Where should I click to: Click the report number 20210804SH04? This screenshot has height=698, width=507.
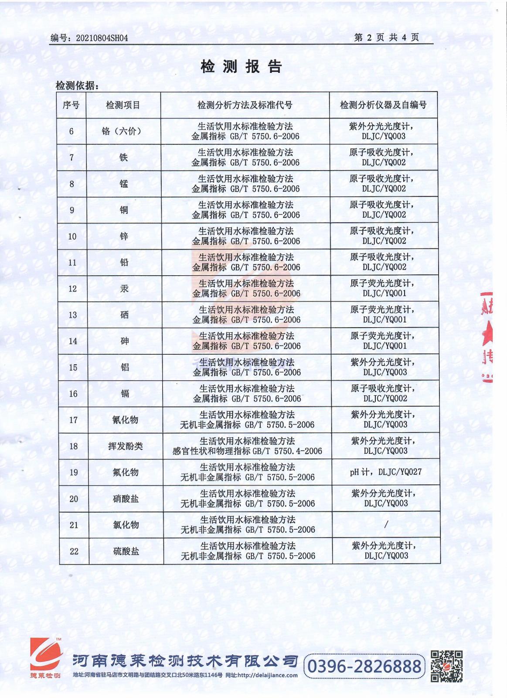click(x=102, y=38)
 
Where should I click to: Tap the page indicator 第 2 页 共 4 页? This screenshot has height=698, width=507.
click(x=386, y=38)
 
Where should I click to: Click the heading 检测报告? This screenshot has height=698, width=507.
click(x=241, y=67)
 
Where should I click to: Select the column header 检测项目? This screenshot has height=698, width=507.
click(x=123, y=105)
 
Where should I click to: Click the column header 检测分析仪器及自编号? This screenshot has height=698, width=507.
click(x=383, y=105)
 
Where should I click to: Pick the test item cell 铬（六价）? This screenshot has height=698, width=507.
click(x=122, y=131)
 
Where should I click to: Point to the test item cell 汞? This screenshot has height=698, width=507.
click(x=124, y=288)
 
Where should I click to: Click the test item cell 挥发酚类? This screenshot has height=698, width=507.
click(x=125, y=446)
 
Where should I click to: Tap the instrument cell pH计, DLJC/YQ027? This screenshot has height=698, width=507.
click(x=386, y=472)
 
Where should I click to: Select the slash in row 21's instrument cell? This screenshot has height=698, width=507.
click(x=386, y=525)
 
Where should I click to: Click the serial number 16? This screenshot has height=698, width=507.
click(x=73, y=393)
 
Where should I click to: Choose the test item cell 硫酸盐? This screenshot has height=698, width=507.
click(x=126, y=551)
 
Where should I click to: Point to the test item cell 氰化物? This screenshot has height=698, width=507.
click(x=125, y=420)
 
